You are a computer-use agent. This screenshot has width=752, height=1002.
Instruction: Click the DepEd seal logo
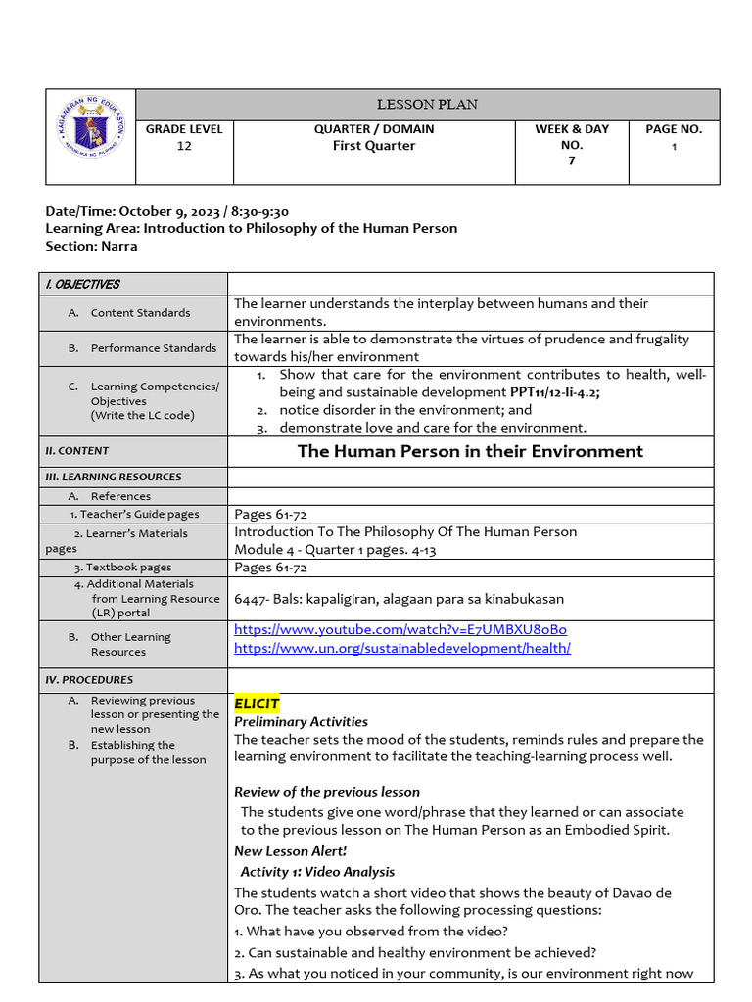[x=91, y=136]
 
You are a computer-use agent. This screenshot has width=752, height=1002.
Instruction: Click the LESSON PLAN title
[x=427, y=105]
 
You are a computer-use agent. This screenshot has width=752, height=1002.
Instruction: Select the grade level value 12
[x=184, y=146]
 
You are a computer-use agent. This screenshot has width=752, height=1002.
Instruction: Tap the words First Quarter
[x=374, y=146]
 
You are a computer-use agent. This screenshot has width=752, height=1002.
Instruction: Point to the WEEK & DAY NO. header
[x=572, y=136]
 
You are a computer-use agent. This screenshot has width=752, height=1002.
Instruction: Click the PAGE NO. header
[x=674, y=128]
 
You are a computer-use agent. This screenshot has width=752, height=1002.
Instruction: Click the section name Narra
[x=118, y=246]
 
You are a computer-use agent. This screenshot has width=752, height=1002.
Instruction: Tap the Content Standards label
[x=140, y=313]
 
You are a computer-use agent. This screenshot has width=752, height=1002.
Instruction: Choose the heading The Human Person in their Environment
[x=470, y=451]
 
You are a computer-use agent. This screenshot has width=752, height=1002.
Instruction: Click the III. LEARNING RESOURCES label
[x=114, y=477]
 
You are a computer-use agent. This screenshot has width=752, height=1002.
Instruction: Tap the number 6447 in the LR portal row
[x=251, y=599]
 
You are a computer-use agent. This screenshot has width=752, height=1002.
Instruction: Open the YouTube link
[x=400, y=629]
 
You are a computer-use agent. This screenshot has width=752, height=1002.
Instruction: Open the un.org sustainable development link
[x=402, y=648]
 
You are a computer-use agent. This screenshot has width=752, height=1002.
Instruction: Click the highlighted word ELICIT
[x=257, y=704]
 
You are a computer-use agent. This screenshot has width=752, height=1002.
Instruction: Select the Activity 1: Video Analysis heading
[x=317, y=871]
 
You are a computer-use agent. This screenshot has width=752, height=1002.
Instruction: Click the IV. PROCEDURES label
[x=89, y=679]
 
